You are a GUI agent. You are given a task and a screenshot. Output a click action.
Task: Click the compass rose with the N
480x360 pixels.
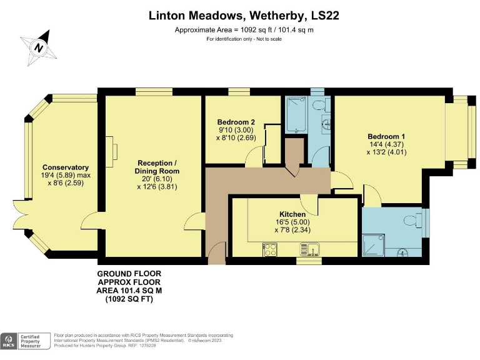(x=39, y=47)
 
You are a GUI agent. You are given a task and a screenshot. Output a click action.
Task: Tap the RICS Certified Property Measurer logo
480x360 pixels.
(x=26, y=341)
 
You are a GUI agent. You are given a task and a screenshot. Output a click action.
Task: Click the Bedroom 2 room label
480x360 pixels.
(x=236, y=122)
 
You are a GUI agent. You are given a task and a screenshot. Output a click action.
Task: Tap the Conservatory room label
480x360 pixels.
(x=65, y=167)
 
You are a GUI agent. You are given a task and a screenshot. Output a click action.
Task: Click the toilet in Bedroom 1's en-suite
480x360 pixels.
(x=412, y=220)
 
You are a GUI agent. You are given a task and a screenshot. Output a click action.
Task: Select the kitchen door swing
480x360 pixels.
(x=307, y=202)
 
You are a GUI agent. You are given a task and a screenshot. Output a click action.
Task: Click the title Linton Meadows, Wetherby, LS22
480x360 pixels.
(x=244, y=15)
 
